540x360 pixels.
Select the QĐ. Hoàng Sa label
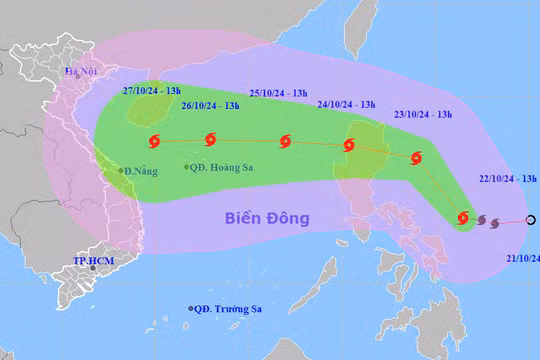coord(223,167)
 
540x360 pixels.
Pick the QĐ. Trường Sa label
coord(236,309)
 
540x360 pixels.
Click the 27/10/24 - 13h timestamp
coord(144,89)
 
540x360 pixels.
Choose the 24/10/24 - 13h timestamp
coord(346,104)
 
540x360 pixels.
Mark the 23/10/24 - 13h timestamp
coord(424,114)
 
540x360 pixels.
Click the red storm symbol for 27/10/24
coord(153,141)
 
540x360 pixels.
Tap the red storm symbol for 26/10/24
coord(210,140)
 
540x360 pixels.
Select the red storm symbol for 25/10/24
coord(286,141)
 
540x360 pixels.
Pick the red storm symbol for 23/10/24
coord(417,157)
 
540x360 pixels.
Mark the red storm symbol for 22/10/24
coord(463,217)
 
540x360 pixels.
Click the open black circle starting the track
coord(531,220)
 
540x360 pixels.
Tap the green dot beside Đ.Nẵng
coord(121,170)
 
